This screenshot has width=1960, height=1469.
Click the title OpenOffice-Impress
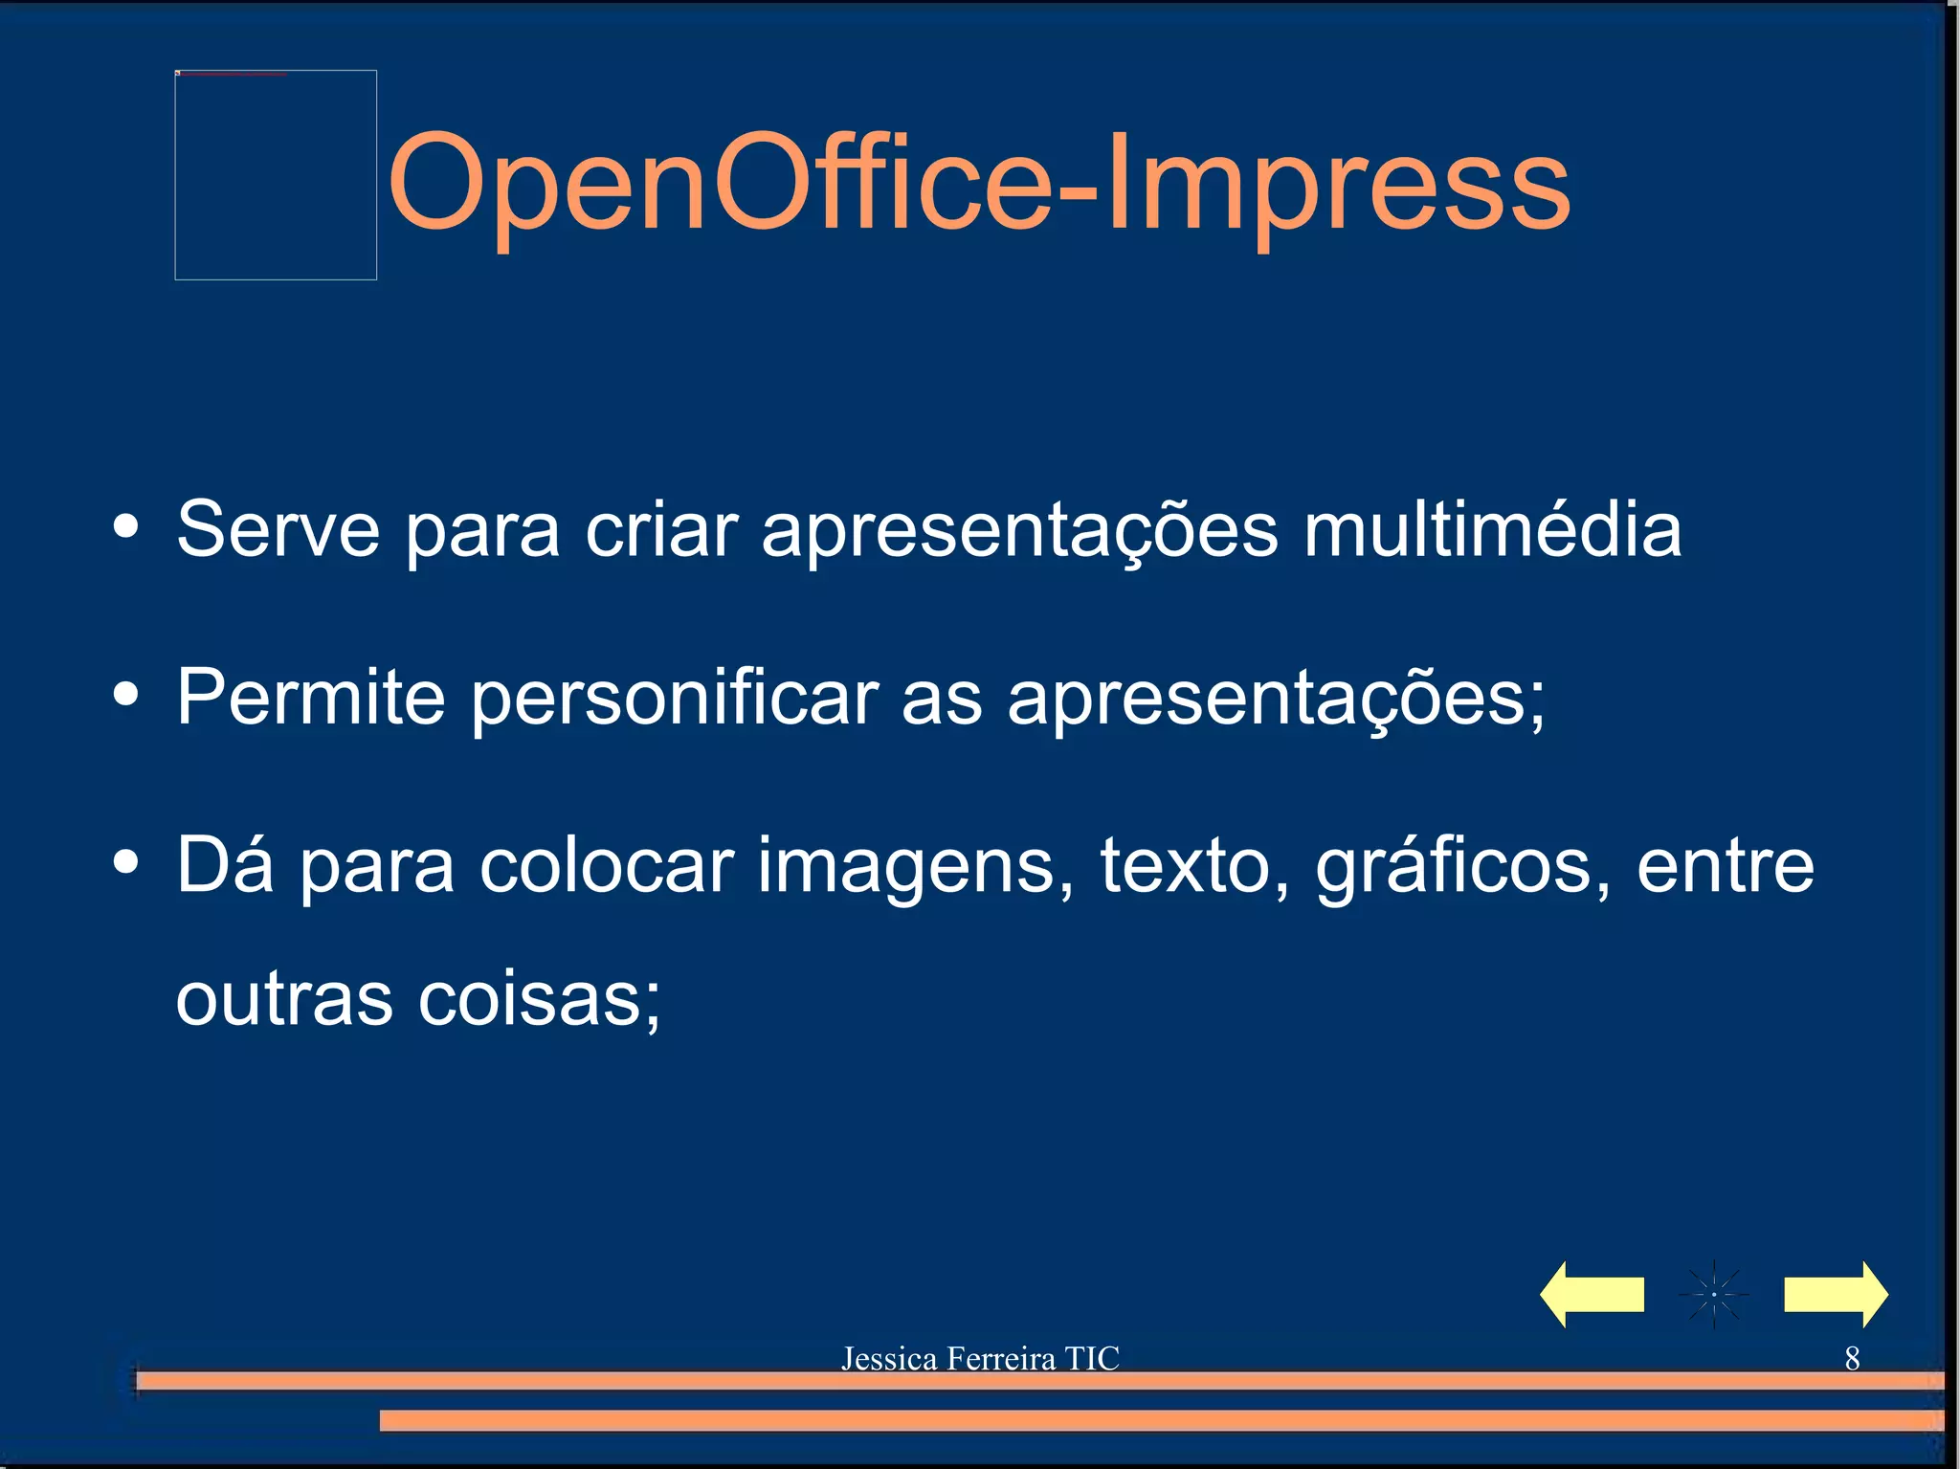[x=978, y=184]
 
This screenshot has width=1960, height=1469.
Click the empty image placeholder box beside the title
[x=276, y=175]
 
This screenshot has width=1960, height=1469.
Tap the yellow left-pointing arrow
[x=1591, y=1294]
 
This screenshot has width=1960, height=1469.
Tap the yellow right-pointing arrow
[x=1836, y=1294]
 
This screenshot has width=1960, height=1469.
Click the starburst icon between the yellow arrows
[x=1713, y=1294]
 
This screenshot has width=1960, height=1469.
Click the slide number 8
[x=1852, y=1358]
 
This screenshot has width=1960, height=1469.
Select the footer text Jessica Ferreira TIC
[x=979, y=1358]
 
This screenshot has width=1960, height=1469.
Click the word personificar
[x=674, y=699]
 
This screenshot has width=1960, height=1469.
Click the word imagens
[x=915, y=867]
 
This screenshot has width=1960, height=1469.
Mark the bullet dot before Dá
[x=125, y=861]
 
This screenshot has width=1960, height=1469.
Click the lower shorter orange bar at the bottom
[x=1160, y=1420]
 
